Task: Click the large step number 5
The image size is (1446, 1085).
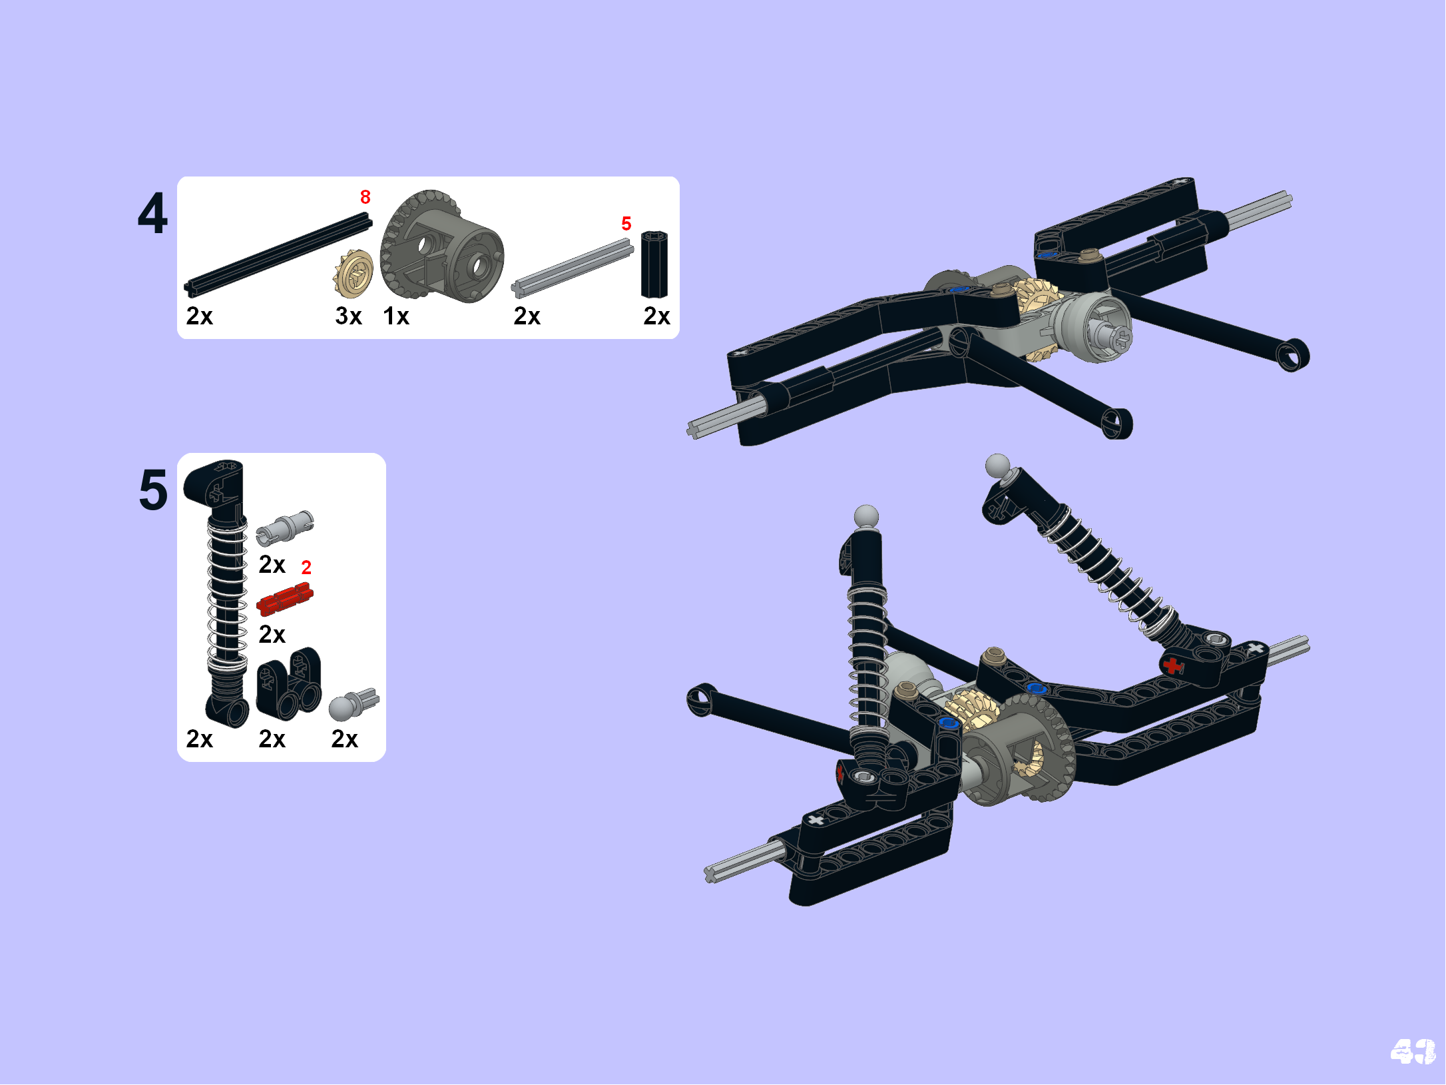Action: coord(153,490)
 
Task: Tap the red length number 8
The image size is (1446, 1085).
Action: coord(365,197)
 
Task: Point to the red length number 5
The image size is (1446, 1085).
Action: coord(626,223)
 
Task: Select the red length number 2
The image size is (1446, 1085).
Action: coord(306,567)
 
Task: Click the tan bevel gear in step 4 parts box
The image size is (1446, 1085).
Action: coord(353,273)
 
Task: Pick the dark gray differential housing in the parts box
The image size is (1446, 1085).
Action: coord(441,246)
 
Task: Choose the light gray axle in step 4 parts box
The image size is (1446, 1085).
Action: coord(573,268)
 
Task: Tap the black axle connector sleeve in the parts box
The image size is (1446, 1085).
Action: coord(654,264)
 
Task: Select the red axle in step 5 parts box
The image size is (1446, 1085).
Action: coord(285,598)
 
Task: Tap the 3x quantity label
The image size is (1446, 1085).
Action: coord(348,316)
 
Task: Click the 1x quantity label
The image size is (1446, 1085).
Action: coord(396,316)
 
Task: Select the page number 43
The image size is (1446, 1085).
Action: coord(1413,1052)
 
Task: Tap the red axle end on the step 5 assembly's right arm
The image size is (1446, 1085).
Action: coord(1172,665)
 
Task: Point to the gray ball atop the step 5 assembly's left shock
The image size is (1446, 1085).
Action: coord(866,516)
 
